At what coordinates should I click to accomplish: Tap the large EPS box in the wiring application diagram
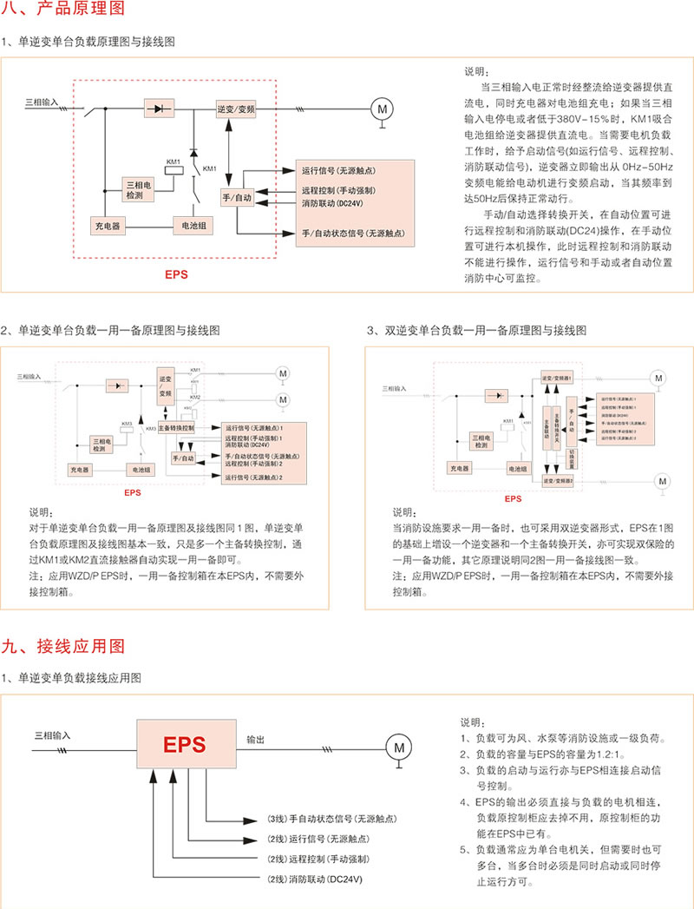186,744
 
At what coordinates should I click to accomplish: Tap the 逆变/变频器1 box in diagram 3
556,379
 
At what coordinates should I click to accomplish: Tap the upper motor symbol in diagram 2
283,373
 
